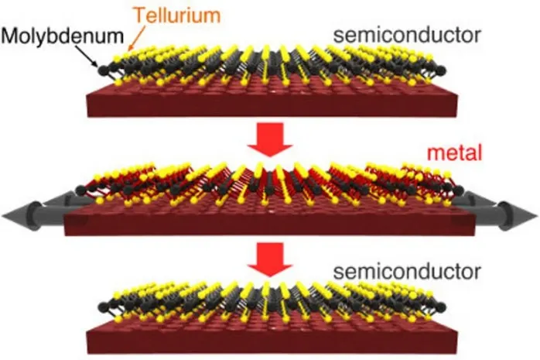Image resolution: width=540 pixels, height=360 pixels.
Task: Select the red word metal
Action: [460, 154]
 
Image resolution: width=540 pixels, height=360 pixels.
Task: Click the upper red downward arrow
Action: [270, 140]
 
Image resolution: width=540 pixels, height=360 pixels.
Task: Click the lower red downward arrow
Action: [270, 259]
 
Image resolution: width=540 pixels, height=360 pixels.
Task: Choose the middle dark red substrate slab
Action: [270, 221]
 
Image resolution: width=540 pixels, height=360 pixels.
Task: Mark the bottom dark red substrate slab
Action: [270, 337]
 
